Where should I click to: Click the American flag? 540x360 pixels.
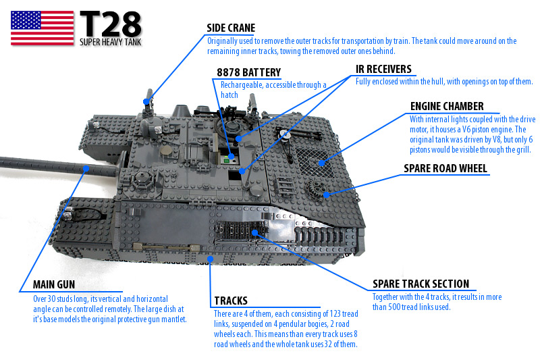pyautogui.click(x=43, y=28)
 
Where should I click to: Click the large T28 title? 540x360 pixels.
pyautogui.click(x=111, y=24)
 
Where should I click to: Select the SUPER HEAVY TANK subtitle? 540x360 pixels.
pyautogui.click(x=111, y=42)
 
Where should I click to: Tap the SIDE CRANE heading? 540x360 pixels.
pyautogui.click(x=231, y=28)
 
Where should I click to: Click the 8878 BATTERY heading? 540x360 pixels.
pyautogui.click(x=248, y=73)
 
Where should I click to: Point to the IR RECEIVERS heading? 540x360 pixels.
pyautogui.click(x=383, y=70)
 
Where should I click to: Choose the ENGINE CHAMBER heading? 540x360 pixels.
pyautogui.click(x=447, y=107)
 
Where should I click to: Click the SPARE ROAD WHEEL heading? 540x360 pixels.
pyautogui.click(x=446, y=168)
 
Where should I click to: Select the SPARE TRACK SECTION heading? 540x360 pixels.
pyautogui.click(x=421, y=284)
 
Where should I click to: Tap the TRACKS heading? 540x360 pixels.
pyautogui.click(x=231, y=301)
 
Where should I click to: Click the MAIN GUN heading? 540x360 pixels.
pyautogui.click(x=54, y=284)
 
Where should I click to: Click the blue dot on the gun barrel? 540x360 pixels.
pyautogui.click(x=86, y=168)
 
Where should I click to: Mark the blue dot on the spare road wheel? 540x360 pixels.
pyautogui.click(x=326, y=195)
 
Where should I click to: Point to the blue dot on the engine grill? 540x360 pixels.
pyautogui.click(x=322, y=163)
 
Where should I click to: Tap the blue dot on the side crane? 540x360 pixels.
pyautogui.click(x=146, y=101)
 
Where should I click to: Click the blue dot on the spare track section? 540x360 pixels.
pyautogui.click(x=254, y=233)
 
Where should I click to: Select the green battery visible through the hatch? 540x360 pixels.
pyautogui.click(x=226, y=160)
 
